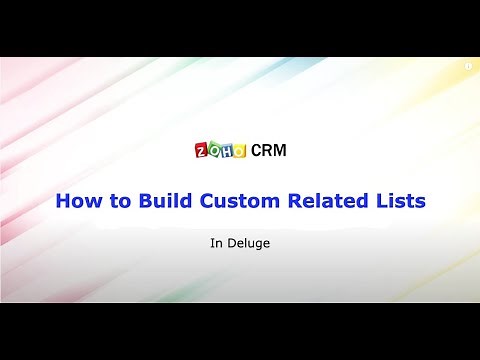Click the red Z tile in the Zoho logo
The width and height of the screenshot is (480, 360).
click(x=200, y=150)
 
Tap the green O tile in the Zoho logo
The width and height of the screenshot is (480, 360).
click(x=212, y=150)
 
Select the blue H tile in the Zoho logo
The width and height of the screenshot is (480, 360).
click(x=225, y=150)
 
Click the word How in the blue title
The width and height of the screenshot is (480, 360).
click(x=76, y=200)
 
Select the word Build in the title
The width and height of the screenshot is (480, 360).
click(x=163, y=200)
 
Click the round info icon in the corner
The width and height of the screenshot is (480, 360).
click(x=467, y=64)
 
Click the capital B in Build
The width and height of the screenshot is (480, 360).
click(x=141, y=200)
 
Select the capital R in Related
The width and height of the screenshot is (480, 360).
click(x=297, y=200)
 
